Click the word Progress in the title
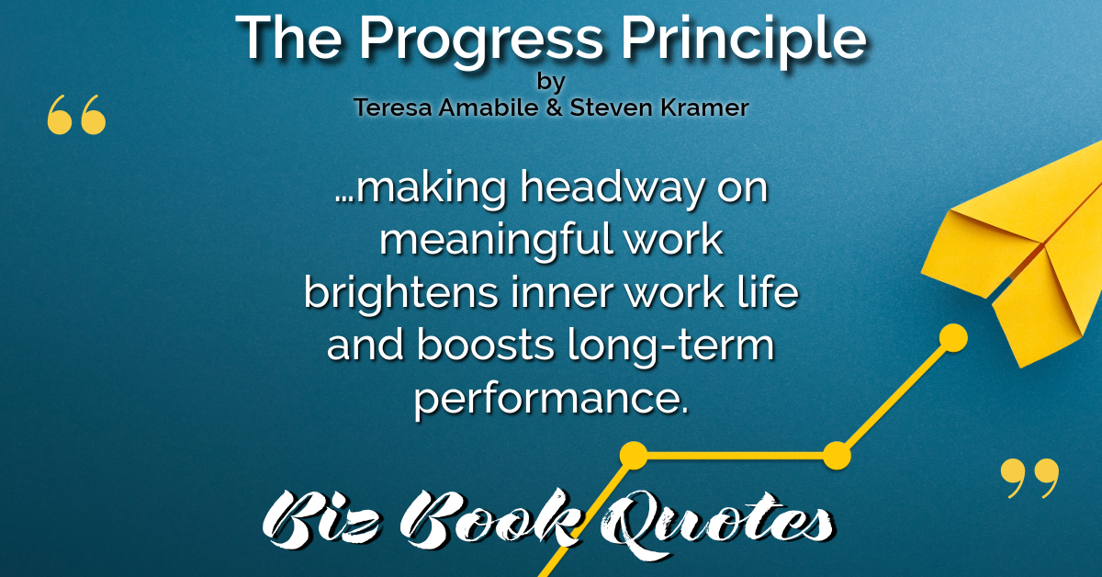[x=481, y=42]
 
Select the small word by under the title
[x=550, y=82]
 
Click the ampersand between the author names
[x=554, y=107]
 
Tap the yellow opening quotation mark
[x=76, y=114]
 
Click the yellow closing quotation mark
[x=1029, y=478]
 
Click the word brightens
[x=401, y=294]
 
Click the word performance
[x=550, y=400]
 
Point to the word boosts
[x=486, y=345]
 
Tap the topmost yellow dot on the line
[x=953, y=338]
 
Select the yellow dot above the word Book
[x=634, y=456]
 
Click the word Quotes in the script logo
[x=717, y=523]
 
